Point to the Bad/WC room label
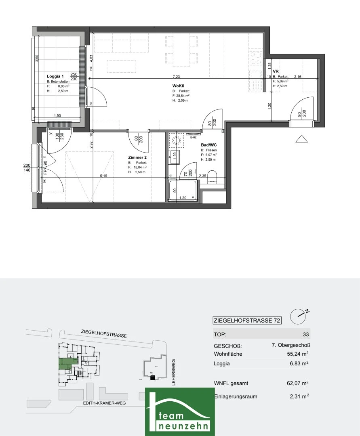click(x=209, y=145)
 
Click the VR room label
click(x=276, y=71)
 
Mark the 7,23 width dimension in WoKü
click(x=177, y=76)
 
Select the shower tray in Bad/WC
click(x=183, y=191)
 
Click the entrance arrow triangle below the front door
click(x=302, y=139)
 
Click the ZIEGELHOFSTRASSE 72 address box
click(x=247, y=321)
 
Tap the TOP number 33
click(x=305, y=335)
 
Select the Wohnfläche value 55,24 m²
click(x=297, y=354)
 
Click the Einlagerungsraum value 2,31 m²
click(x=299, y=396)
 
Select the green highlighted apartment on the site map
click(x=65, y=364)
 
